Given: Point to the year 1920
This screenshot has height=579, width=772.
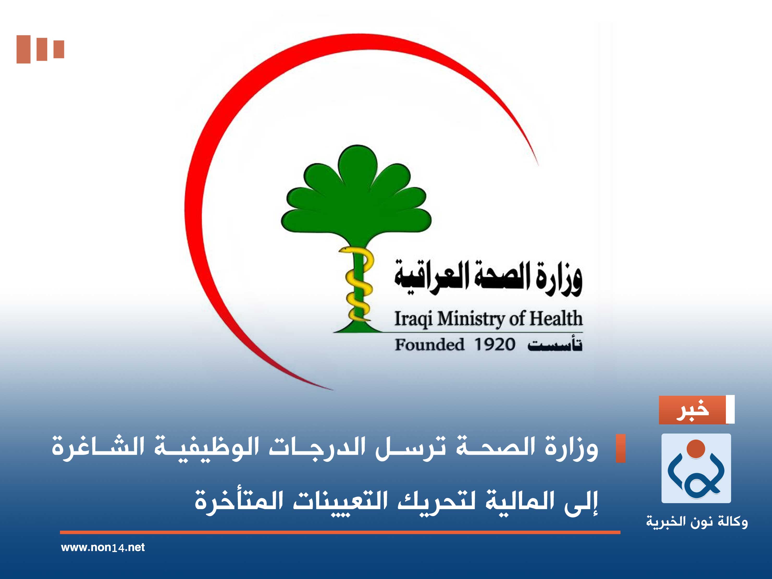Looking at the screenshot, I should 495,345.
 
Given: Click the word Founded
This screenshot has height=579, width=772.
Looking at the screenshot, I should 430,345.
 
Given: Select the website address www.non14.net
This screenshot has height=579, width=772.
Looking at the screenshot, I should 103,547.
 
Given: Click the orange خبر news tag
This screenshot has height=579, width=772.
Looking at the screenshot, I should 692,410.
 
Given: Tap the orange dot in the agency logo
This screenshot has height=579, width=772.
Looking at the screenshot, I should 696,448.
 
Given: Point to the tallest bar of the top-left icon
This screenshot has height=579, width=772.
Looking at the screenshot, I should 23,49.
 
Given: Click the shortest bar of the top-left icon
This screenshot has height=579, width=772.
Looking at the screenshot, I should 59,49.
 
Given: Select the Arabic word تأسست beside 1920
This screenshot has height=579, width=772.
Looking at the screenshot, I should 555,345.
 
